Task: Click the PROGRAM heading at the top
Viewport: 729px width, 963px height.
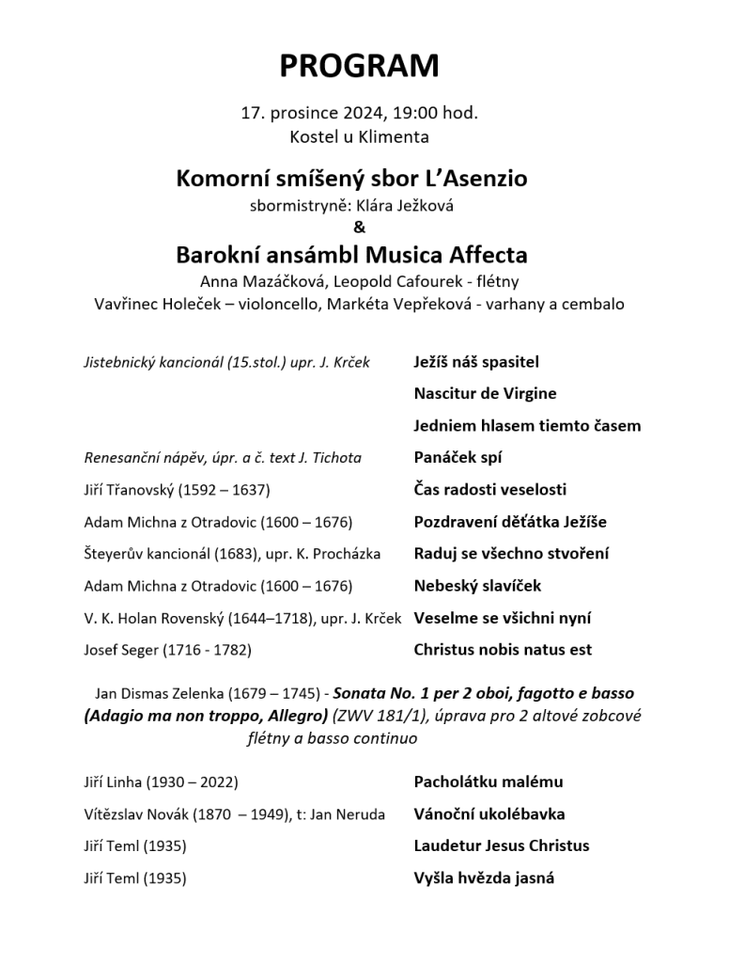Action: [359, 66]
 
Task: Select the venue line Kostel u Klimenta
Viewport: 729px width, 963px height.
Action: [359, 136]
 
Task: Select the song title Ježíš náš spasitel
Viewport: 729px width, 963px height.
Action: [476, 361]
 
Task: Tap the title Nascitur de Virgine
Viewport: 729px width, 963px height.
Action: [485, 393]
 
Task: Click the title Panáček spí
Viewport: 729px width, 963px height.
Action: [458, 458]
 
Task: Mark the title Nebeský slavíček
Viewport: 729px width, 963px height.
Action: [477, 586]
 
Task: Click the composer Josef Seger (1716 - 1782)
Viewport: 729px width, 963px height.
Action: [168, 650]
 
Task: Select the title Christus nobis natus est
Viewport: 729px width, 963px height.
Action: [503, 650]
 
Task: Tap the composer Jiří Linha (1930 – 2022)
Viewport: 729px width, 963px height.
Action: [161, 782]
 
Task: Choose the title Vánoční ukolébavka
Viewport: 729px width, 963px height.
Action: [489, 814]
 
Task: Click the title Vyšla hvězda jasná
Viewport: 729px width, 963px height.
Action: [484, 878]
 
